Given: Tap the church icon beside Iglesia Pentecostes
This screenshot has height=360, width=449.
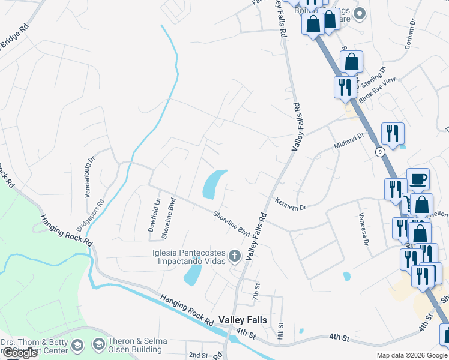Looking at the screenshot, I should (234, 256).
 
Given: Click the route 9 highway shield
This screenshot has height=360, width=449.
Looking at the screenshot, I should (380, 152).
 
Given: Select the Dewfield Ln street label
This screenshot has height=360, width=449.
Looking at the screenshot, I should (155, 215).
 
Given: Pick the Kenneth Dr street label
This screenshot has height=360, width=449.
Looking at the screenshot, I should (291, 204).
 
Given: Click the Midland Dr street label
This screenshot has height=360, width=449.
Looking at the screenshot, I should (349, 142).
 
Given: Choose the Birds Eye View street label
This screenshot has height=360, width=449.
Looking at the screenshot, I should (378, 89).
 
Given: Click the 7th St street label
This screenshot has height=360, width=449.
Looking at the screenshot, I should (256, 292).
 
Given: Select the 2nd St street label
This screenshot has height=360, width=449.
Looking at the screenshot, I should (197, 355).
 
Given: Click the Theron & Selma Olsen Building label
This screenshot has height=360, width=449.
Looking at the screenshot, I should (137, 344).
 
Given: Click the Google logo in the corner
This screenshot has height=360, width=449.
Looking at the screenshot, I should (20, 353).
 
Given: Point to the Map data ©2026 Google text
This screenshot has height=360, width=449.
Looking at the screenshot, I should (412, 355).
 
